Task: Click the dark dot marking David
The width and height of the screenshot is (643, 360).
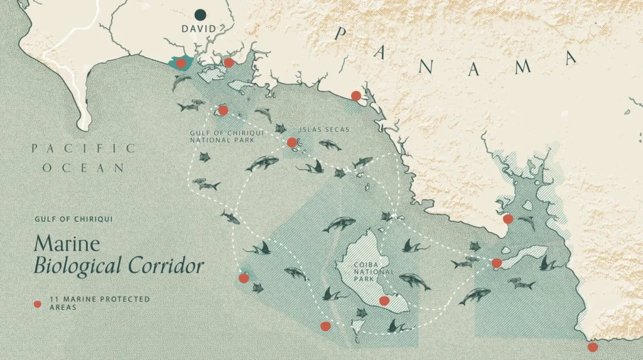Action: (x=200, y=14)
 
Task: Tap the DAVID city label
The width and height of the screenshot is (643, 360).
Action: (x=198, y=29)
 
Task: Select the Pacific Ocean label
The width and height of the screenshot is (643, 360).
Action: (x=84, y=158)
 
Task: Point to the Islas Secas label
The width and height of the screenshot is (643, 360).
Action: (x=324, y=130)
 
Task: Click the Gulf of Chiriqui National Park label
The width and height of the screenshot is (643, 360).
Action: (x=222, y=136)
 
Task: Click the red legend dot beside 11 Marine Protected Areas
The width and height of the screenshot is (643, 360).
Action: (x=37, y=305)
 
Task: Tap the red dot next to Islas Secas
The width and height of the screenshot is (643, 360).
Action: (x=292, y=143)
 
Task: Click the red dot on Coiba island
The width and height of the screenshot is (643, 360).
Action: (x=384, y=301)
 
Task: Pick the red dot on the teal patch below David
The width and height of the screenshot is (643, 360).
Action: (x=181, y=63)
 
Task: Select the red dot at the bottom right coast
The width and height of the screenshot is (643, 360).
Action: (x=593, y=347)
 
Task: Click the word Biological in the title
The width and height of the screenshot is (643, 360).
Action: (x=79, y=266)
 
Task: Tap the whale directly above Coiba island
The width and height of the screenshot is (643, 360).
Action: (x=339, y=223)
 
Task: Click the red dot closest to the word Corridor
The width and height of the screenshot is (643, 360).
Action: (x=244, y=278)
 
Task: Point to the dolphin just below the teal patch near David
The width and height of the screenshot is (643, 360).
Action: (x=181, y=82)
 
